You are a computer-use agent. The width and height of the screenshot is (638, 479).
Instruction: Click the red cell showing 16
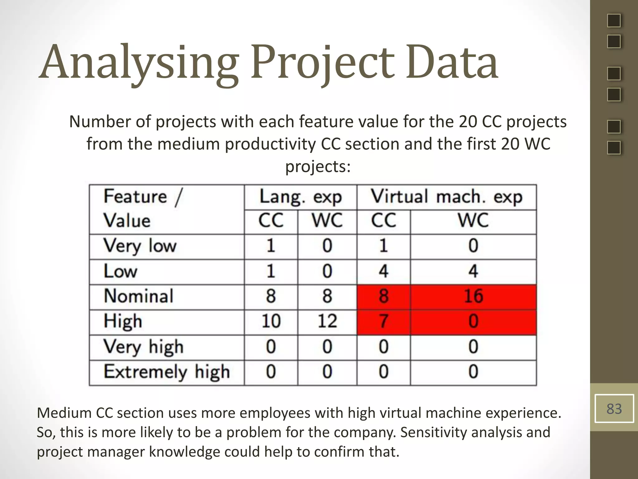(x=473, y=297)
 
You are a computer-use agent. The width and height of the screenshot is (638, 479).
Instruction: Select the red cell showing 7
(x=383, y=322)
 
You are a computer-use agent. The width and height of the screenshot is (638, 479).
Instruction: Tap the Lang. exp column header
(x=301, y=197)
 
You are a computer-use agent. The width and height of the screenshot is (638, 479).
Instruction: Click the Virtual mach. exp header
(x=446, y=197)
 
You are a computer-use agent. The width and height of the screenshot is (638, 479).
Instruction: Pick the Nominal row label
(x=139, y=296)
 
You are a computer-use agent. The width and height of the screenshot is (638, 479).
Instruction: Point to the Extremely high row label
(x=167, y=372)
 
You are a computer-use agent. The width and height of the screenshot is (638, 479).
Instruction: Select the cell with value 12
(x=327, y=322)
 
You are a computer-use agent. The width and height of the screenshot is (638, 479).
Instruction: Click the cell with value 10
(x=271, y=322)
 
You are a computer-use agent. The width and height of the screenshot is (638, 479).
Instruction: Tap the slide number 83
(x=614, y=409)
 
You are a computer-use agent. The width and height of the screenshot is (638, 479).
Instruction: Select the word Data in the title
(x=452, y=62)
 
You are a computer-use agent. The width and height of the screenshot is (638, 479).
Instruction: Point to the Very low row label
(x=140, y=246)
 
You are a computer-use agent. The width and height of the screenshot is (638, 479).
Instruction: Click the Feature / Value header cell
(x=167, y=209)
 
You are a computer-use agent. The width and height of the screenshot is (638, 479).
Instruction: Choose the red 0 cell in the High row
(x=473, y=322)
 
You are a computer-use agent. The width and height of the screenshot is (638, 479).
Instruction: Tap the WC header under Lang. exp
(x=327, y=221)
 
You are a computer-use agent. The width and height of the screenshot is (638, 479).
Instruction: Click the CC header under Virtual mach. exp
(x=383, y=221)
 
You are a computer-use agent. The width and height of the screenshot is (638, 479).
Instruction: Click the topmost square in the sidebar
(x=614, y=21)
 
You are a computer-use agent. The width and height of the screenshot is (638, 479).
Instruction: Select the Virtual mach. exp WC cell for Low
(x=473, y=271)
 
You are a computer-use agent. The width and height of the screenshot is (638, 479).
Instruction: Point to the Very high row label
(x=143, y=347)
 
